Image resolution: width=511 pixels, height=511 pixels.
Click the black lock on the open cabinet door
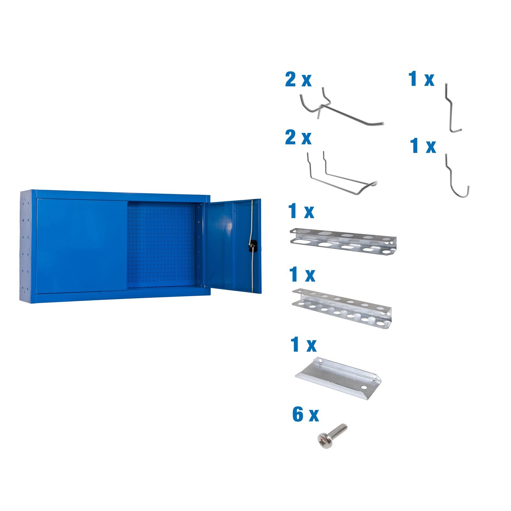click(x=253, y=246)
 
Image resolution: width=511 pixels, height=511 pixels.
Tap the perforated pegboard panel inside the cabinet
click(x=161, y=244)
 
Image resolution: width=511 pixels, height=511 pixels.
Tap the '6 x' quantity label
click(x=305, y=415)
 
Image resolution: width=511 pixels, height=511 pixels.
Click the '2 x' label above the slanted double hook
click(x=298, y=80)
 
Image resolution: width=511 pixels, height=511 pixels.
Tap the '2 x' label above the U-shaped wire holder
click(x=298, y=138)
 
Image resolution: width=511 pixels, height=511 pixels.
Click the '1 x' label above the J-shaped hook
click(x=423, y=146)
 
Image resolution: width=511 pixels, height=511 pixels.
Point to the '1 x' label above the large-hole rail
click(x=301, y=211)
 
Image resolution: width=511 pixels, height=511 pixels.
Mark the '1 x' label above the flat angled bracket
click(x=303, y=345)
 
